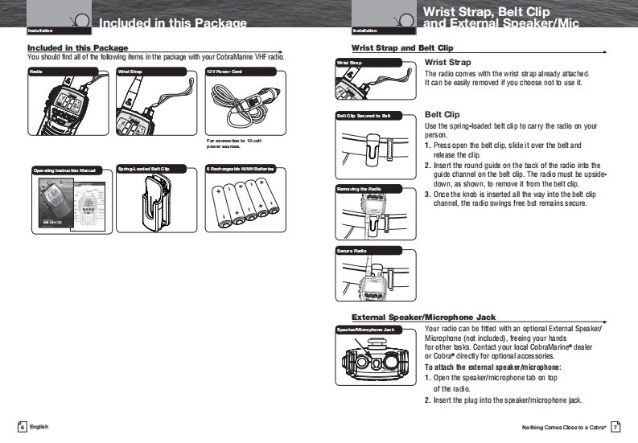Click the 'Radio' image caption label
36,72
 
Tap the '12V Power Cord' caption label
224,72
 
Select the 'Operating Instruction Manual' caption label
64,170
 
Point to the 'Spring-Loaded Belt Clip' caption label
143,169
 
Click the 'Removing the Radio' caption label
359,189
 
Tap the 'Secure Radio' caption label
352,251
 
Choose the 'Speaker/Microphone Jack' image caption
365,330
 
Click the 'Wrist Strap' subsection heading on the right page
447,62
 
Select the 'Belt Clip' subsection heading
442,114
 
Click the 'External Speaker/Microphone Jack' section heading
423,317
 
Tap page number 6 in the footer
23,426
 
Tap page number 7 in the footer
615,426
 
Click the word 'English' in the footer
39,426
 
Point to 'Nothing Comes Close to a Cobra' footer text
563,426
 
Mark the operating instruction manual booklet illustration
64,205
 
